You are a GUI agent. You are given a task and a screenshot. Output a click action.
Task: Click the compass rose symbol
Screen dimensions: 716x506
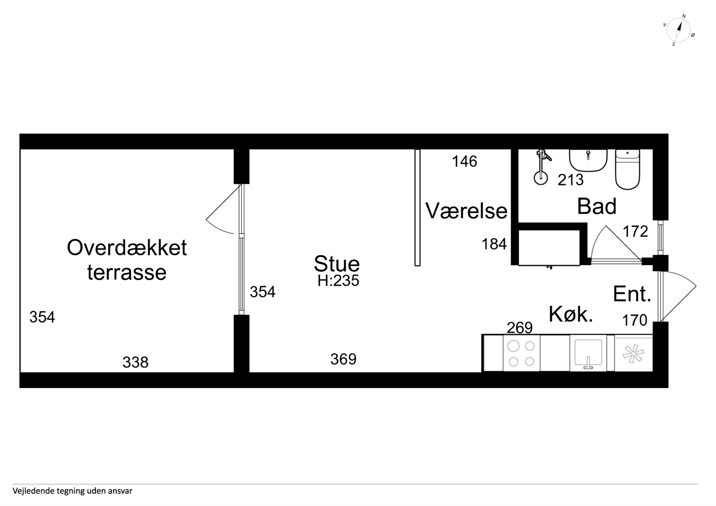pyautogui.click(x=678, y=30)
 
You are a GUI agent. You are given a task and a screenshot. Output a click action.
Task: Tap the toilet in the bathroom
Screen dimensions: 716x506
pyautogui.click(x=627, y=169)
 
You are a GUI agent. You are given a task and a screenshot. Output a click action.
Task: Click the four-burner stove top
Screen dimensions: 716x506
pyautogui.click(x=521, y=353)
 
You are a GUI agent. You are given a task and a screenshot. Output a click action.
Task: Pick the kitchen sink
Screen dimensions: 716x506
pyautogui.click(x=588, y=353)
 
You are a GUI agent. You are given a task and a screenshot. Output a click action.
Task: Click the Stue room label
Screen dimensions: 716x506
pyautogui.click(x=337, y=264)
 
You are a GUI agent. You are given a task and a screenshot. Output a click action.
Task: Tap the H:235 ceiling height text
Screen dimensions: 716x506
pyautogui.click(x=338, y=281)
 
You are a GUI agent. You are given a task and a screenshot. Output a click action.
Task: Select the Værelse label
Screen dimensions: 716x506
pyautogui.click(x=466, y=211)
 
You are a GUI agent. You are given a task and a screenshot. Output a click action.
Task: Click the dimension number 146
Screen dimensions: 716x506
pyautogui.click(x=465, y=161)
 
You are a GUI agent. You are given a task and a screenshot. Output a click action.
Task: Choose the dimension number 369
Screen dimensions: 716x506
pyautogui.click(x=343, y=359)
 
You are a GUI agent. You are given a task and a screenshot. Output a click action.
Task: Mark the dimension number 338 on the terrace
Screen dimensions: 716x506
pyautogui.click(x=135, y=362)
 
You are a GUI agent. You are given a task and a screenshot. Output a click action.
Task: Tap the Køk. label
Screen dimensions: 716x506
pyautogui.click(x=571, y=314)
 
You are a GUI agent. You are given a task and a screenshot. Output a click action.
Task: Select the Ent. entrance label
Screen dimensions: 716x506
pyautogui.click(x=632, y=294)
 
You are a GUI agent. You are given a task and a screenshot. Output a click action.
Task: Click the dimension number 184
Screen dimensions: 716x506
pyautogui.click(x=494, y=244)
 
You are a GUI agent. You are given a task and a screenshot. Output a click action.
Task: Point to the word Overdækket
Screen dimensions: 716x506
pyautogui.click(x=127, y=248)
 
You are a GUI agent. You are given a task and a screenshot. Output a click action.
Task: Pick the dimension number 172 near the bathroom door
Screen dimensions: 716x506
pyautogui.click(x=635, y=231)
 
